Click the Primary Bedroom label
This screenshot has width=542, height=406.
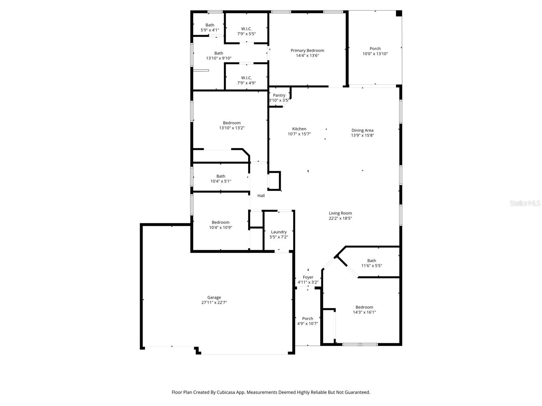pos(307,50)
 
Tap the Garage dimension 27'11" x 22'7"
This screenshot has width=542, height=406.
pos(214,302)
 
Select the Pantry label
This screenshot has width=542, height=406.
pos(279,95)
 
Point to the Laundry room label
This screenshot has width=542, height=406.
pos(279,232)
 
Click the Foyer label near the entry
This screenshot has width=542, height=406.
pos(308,277)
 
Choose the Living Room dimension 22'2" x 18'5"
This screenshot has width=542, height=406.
pos(340,218)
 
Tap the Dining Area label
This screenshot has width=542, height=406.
pos(362,130)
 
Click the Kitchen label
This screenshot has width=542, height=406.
pos(299,129)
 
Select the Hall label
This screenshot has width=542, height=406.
pos(261,196)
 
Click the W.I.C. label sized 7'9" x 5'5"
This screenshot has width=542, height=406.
pos(246,29)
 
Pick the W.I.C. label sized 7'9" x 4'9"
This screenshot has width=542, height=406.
pos(246,78)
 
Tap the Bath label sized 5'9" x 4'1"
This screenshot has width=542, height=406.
pos(210,25)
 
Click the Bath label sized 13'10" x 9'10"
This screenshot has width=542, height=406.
pos(218,53)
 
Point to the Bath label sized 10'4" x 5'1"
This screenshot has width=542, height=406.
pos(221,176)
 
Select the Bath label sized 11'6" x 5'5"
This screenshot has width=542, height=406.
pos(372,261)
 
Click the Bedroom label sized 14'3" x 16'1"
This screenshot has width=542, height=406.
pos(364,307)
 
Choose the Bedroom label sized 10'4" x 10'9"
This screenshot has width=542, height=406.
pos(221,222)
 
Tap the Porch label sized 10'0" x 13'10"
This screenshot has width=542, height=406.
pos(375,49)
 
